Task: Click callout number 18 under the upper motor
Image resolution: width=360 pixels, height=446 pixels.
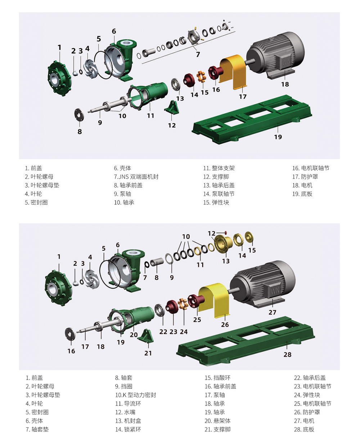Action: point(285,84)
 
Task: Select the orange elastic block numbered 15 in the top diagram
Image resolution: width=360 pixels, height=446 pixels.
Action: point(201,77)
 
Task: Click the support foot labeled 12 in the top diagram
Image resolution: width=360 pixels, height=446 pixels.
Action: point(172,107)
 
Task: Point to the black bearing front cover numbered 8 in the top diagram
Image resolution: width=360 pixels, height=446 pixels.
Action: point(79,115)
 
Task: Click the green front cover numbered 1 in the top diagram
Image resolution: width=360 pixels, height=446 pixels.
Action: point(59,78)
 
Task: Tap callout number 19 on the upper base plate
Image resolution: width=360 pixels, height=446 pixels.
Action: point(278,137)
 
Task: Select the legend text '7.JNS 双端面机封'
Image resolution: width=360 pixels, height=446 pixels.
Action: point(136,177)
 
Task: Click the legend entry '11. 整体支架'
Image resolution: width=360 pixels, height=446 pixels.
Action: point(219,168)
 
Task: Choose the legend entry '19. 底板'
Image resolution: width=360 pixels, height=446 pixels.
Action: point(302,194)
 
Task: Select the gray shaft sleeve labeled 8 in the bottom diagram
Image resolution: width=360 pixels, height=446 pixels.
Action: point(157,262)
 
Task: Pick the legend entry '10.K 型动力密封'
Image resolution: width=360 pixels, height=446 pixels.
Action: point(136,395)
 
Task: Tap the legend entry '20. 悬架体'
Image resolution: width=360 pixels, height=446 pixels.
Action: point(217,421)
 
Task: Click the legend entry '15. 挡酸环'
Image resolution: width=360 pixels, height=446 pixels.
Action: point(217,378)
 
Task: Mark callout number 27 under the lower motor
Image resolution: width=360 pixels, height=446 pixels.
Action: point(273,312)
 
